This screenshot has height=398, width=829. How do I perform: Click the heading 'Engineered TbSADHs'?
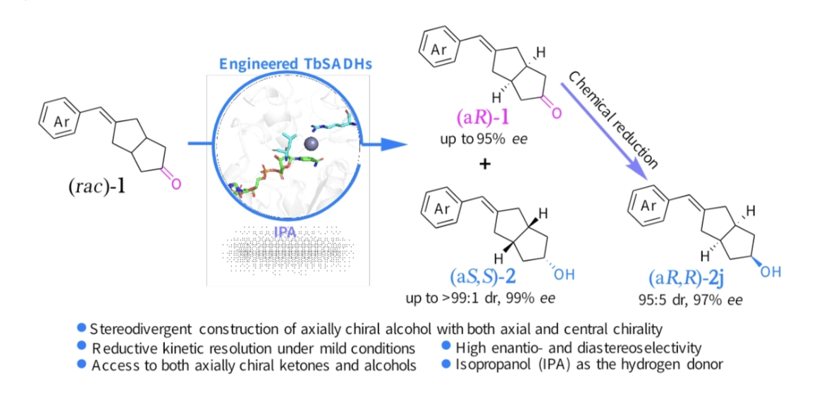coord(295,64)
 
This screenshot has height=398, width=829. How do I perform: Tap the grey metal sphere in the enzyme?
coord(311,144)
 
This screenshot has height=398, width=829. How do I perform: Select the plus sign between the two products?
coord(483,164)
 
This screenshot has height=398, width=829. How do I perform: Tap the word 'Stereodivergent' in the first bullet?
coord(134,329)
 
